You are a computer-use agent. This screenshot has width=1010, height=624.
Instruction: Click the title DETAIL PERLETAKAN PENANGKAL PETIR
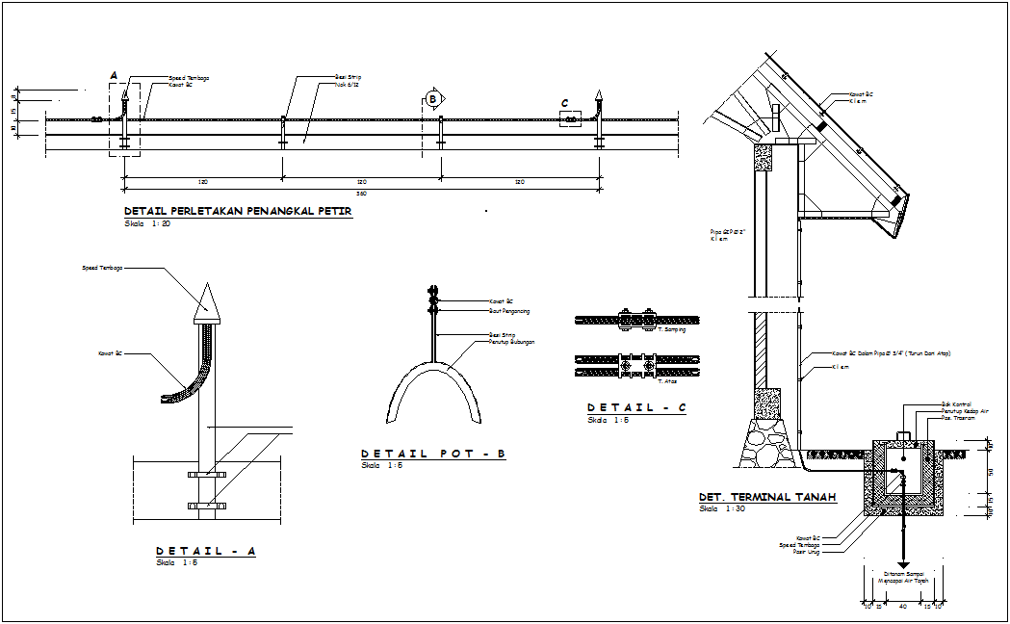pos(238,211)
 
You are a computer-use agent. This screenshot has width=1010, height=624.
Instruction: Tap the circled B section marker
pos(433,98)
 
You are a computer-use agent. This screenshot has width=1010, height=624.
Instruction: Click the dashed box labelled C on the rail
pos(571,118)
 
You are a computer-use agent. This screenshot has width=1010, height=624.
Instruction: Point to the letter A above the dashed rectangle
pos(114,75)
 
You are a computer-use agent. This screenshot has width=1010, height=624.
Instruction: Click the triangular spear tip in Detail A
pos(206,302)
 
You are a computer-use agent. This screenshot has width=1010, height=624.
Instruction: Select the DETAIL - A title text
pos(206,551)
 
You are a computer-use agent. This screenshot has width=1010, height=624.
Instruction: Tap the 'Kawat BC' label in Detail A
pos(111,353)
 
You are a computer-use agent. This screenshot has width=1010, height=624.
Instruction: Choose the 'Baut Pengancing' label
pos(509,311)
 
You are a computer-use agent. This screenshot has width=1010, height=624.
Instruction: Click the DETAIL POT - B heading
pos(433,454)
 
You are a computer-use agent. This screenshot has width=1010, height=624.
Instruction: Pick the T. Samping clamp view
pos(636,319)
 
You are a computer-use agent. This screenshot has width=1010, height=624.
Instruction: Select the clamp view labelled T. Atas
pos(636,365)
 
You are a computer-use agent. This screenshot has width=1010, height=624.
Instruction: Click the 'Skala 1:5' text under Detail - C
pos(609,420)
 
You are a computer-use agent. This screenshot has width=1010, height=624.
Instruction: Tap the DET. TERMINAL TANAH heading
pos(767,498)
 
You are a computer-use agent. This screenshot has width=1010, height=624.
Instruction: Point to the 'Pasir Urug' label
pos(806,552)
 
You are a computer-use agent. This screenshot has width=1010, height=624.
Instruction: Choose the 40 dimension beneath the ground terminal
pos(902,607)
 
